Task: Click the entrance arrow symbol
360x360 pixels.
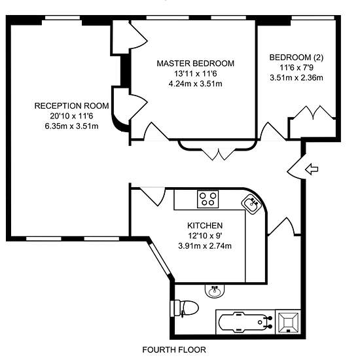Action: tap(312, 170)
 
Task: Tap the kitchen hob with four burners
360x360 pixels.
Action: tap(207, 199)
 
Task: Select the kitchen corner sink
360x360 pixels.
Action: tap(251, 204)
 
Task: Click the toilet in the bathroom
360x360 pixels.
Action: tap(185, 308)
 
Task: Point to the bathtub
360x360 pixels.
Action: tap(245, 322)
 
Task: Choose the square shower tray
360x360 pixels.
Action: tap(288, 322)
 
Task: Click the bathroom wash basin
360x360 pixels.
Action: tap(215, 291)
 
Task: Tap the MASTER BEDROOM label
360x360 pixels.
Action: tap(196, 63)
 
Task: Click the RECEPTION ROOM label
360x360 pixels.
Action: tap(71, 106)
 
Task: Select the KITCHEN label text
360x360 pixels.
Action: tap(205, 226)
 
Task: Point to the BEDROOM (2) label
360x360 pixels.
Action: tap(296, 58)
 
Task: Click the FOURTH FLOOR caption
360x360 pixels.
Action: tap(174, 350)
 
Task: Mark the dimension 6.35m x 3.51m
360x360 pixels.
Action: tap(71, 126)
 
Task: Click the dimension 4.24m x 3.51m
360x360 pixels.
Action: tap(196, 84)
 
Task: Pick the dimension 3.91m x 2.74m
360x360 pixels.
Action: tap(205, 246)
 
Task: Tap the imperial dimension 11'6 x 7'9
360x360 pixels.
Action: tap(297, 67)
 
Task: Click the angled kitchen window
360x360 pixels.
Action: tap(161, 259)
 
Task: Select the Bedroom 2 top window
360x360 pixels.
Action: tap(313, 18)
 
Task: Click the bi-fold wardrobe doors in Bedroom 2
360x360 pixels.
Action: tap(313, 113)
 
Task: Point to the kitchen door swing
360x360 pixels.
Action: tap(153, 196)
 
